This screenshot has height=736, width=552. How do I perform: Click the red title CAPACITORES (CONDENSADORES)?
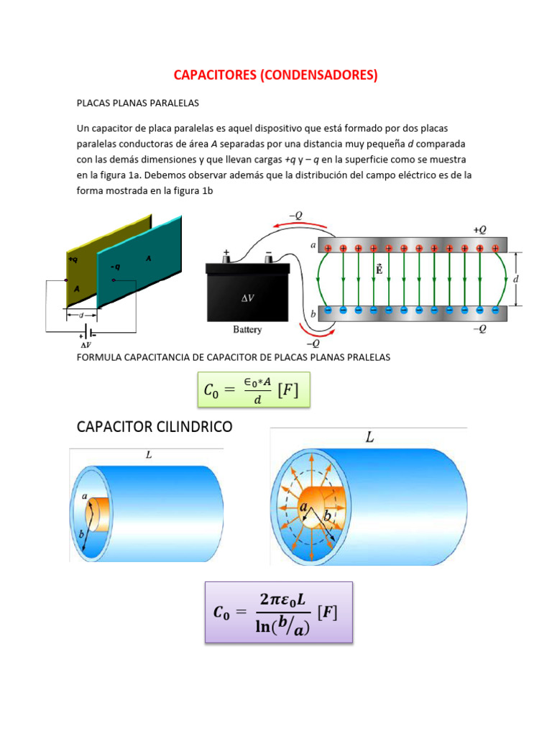(x=276, y=75)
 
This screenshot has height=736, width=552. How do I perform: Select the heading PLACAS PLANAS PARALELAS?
(x=137, y=103)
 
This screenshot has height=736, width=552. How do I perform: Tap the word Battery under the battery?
(x=247, y=330)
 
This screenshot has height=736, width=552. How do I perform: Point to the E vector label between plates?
(x=379, y=270)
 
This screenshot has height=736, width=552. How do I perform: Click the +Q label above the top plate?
(x=480, y=229)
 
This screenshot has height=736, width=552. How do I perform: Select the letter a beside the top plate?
(x=313, y=246)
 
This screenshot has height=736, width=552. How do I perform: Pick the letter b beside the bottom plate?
(x=313, y=314)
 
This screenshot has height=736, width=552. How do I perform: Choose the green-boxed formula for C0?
(x=252, y=390)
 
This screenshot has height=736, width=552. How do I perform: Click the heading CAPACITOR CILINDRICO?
(x=155, y=427)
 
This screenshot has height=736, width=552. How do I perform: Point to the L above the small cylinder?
(x=148, y=456)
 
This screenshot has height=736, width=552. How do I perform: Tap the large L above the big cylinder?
(x=369, y=438)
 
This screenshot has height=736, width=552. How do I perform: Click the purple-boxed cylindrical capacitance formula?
(x=278, y=612)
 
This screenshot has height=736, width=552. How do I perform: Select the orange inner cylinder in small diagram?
(x=100, y=514)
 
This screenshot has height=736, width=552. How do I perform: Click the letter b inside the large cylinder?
(x=327, y=517)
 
